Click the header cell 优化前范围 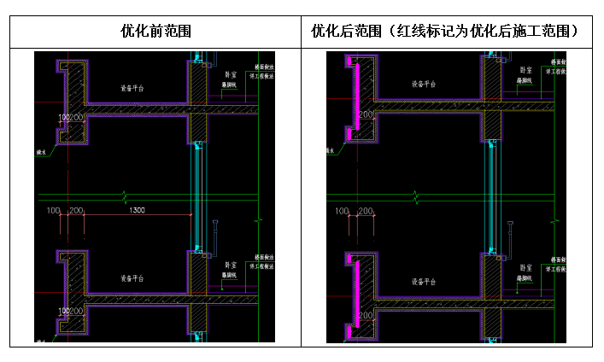[x=155, y=32]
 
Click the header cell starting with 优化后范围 [x=446, y=32]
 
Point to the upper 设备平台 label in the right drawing [x=424, y=85]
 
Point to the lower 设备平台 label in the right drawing [x=424, y=281]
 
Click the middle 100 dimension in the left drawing [x=53, y=210]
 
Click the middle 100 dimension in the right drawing [x=342, y=210]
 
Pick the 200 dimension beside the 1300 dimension [x=76, y=210]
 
